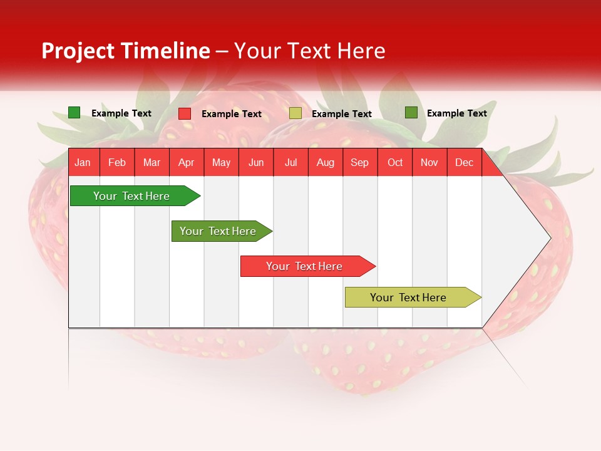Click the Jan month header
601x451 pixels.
tap(83, 162)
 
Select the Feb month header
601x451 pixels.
tap(117, 162)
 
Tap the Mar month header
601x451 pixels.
tap(152, 162)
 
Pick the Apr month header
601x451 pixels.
tap(187, 162)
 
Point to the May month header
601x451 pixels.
tap(221, 162)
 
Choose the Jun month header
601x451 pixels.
tap(256, 162)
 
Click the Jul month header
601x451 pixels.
tap(290, 162)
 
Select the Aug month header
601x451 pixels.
tap(326, 162)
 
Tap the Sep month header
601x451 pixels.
tap(360, 162)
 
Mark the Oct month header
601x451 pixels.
tap(395, 162)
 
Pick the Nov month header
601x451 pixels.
tap(429, 162)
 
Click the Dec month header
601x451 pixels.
tap(464, 162)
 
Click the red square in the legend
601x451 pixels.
tap(185, 113)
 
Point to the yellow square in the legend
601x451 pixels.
tap(295, 113)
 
